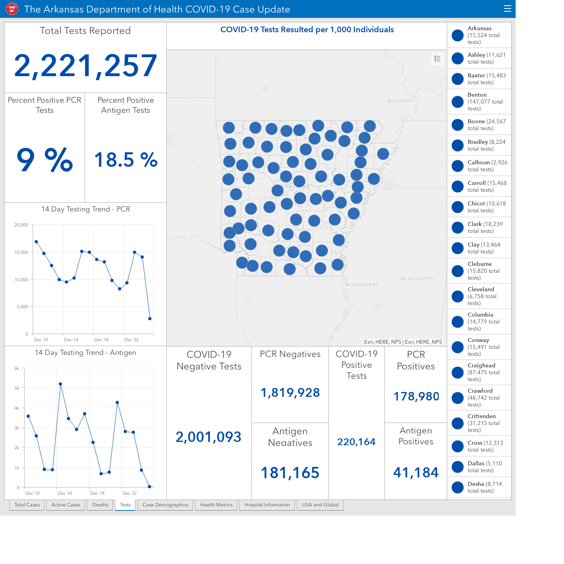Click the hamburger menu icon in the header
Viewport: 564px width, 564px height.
click(x=507, y=9)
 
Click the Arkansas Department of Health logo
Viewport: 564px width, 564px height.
click(x=12, y=9)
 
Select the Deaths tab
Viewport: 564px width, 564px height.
click(x=100, y=505)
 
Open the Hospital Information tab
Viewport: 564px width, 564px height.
click(x=267, y=505)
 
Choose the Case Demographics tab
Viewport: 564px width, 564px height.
click(x=165, y=505)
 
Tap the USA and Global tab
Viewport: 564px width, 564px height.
click(x=320, y=505)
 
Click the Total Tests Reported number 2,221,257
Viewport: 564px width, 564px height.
click(x=85, y=66)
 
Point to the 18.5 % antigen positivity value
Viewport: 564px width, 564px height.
click(x=126, y=160)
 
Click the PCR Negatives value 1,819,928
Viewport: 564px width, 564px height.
click(x=290, y=393)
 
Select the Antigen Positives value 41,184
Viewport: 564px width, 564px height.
click(x=416, y=473)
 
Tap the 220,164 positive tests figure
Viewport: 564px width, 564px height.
click(x=356, y=442)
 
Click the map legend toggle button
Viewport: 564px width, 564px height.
click(x=437, y=59)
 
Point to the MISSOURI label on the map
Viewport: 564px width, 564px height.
click(x=401, y=101)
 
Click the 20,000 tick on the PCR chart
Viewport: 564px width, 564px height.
click(x=21, y=225)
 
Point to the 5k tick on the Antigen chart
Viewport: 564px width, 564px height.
click(x=17, y=388)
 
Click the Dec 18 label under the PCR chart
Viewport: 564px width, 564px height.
click(x=101, y=340)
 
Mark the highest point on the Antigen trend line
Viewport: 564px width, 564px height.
click(x=60, y=384)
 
